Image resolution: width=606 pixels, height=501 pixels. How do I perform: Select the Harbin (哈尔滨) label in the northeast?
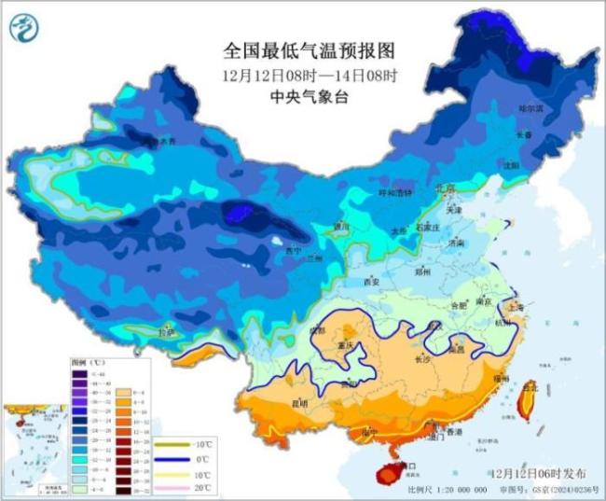coord(529,108)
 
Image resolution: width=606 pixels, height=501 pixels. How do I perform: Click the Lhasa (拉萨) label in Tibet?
coord(165,332)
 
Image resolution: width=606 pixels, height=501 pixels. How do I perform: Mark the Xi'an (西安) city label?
coord(371,281)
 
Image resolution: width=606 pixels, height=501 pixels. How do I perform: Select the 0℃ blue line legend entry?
coord(186,459)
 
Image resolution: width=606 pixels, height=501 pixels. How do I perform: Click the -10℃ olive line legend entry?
coord(186,444)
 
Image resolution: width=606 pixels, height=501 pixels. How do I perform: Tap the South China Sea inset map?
coord(34,450)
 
